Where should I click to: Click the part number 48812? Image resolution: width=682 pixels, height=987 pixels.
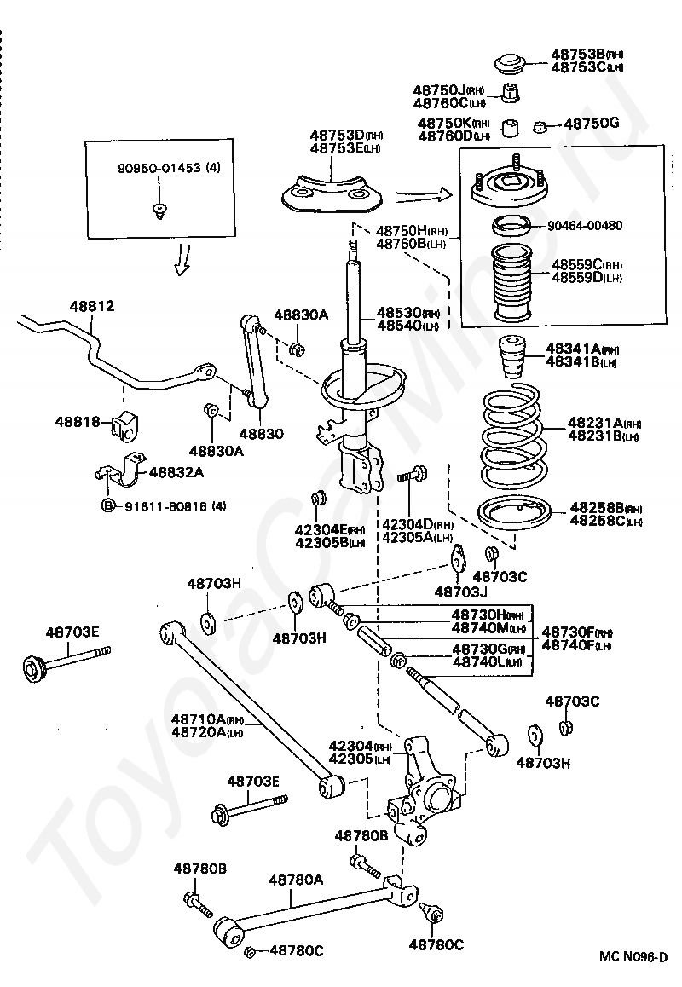(92, 307)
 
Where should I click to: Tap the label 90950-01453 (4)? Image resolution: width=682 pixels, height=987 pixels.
(169, 168)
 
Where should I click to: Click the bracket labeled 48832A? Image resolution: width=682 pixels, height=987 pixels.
(121, 470)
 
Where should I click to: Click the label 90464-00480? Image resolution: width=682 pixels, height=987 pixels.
(585, 225)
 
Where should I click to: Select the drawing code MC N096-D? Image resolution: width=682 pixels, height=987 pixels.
(633, 957)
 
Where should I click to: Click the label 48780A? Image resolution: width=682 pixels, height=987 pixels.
(296, 880)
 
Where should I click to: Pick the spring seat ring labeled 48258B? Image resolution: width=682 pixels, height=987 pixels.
(512, 516)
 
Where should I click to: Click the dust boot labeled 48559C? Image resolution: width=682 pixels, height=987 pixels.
(510, 283)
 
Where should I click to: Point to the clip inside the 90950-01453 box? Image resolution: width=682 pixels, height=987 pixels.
(160, 211)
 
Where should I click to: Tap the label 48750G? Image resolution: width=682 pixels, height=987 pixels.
(591, 124)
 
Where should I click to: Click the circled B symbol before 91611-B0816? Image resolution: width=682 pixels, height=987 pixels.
(107, 505)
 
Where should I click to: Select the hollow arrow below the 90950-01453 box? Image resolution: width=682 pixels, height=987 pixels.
(183, 259)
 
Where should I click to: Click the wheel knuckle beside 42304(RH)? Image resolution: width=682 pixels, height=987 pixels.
(423, 789)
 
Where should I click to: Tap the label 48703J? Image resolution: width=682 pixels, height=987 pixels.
(461, 592)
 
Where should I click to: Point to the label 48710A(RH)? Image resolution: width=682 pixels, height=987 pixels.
(208, 719)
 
